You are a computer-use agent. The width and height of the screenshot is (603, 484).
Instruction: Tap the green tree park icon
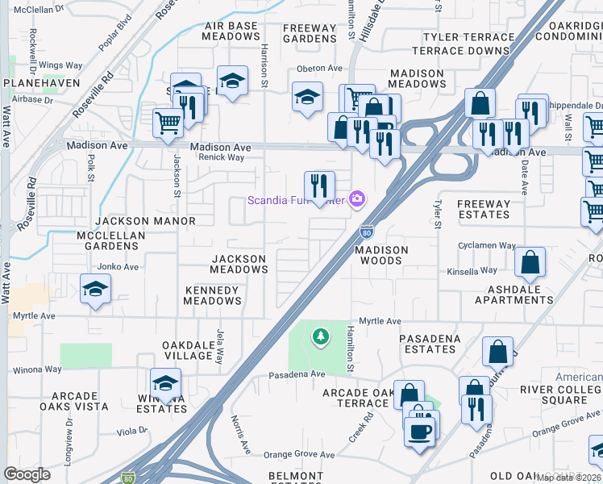click(x=321, y=335)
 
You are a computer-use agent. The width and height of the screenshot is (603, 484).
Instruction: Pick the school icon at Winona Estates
click(x=165, y=382)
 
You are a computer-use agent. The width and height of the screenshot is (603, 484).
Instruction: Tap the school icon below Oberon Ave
click(x=307, y=98)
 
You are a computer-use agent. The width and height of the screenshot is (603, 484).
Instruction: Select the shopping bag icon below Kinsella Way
click(x=530, y=262)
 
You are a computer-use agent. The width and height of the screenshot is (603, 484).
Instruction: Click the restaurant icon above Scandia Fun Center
click(x=319, y=186)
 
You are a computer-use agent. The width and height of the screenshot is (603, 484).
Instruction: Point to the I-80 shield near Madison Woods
click(x=366, y=232)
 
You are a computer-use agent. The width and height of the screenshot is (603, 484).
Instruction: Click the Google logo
click(x=27, y=474)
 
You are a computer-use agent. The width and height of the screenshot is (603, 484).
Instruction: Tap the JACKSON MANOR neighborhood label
click(x=145, y=221)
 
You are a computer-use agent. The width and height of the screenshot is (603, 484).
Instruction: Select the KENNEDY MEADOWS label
click(x=212, y=295)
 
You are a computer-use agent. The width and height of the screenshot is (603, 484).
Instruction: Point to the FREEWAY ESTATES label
click(x=484, y=210)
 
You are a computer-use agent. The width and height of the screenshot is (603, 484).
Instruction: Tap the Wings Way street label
click(x=61, y=65)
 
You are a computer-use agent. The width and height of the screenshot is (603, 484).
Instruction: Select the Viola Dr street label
click(x=131, y=431)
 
